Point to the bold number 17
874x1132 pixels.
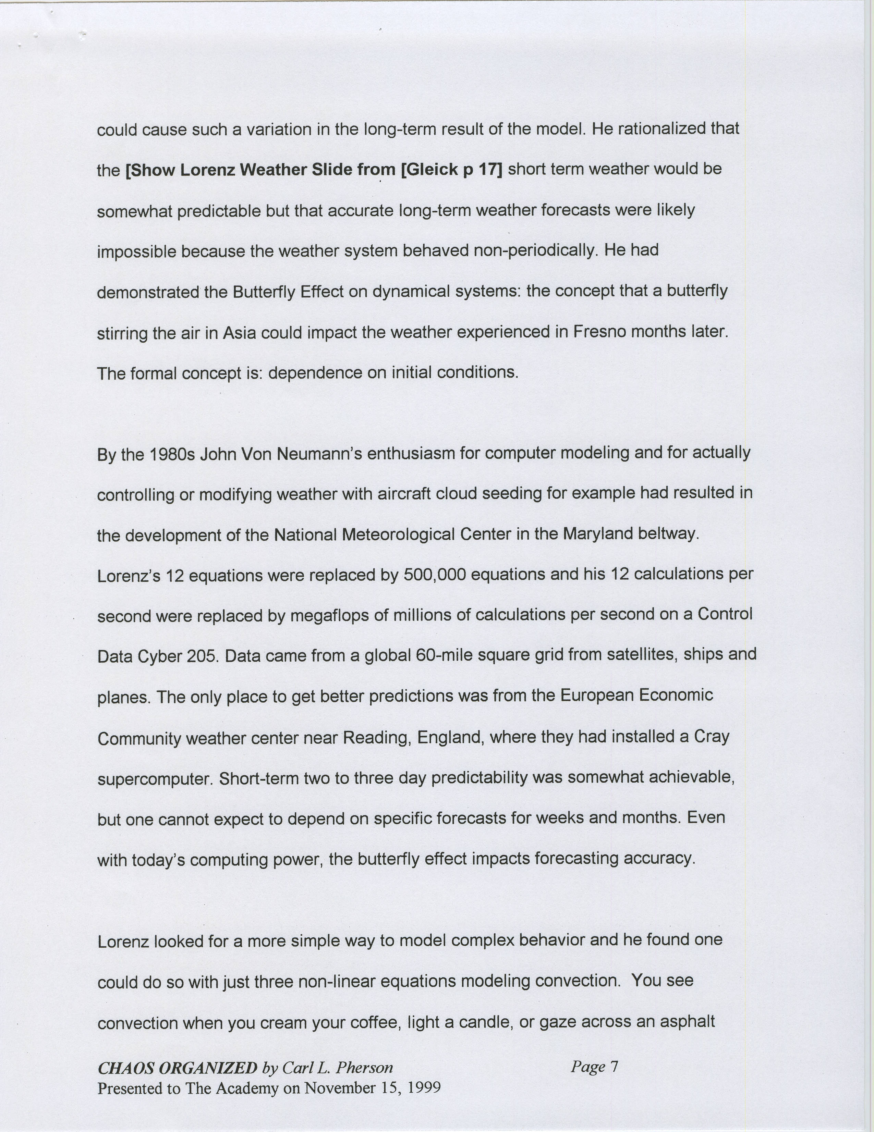tap(490, 170)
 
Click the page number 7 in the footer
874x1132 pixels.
tap(614, 1066)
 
